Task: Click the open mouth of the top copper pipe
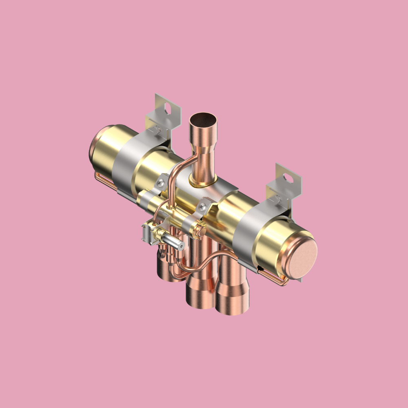203,120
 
